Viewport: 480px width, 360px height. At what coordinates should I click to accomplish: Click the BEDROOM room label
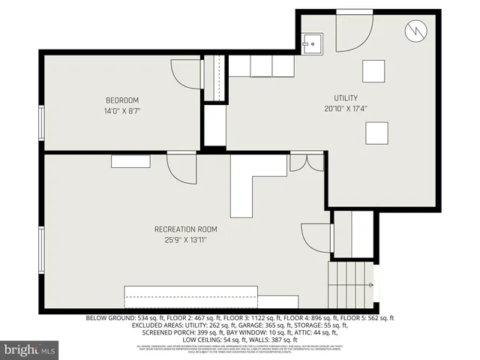[x=121, y=100]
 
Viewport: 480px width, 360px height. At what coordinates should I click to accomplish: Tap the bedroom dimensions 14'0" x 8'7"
[x=121, y=111]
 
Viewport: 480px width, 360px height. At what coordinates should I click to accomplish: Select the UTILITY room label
[x=346, y=98]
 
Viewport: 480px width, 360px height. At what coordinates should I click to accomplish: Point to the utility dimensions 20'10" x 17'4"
[x=346, y=109]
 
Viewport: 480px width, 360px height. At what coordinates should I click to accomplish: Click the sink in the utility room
[x=313, y=43]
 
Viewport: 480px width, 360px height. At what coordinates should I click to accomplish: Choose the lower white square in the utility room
[x=377, y=133]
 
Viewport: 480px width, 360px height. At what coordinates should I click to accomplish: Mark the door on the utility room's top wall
[x=354, y=30]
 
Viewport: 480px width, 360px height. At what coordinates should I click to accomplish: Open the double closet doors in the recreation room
[x=307, y=162]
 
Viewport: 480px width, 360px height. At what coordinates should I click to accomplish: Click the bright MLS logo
[x=30, y=349]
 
